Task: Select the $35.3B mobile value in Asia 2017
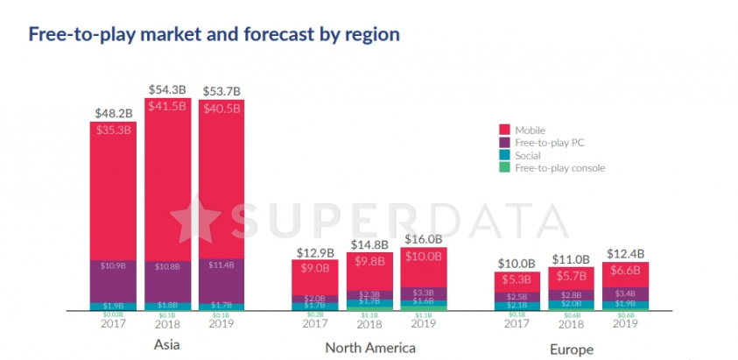tap(114, 131)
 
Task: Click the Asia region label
tap(167, 347)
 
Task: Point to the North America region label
tap(370, 348)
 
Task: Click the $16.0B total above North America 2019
tap(424, 238)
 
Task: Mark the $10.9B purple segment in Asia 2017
tap(114, 265)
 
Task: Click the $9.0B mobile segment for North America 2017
tap(316, 269)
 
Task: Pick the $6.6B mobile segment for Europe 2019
tap(625, 271)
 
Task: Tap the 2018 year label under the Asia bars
tap(167, 322)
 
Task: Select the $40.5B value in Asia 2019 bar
tap(221, 109)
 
